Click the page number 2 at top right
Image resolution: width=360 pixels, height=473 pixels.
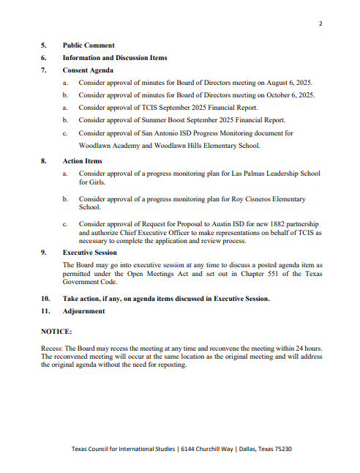(320, 24)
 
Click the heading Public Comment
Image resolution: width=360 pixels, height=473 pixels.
(89, 45)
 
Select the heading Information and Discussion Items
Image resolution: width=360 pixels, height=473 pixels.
(115, 57)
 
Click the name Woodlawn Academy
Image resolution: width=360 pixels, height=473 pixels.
(110, 146)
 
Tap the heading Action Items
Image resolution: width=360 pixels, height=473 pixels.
(83, 160)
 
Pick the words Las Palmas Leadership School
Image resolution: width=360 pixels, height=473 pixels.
(271, 174)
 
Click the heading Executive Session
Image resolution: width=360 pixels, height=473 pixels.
(90, 252)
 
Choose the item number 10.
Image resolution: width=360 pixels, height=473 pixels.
(45, 299)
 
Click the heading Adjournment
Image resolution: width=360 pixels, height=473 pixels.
(83, 310)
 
